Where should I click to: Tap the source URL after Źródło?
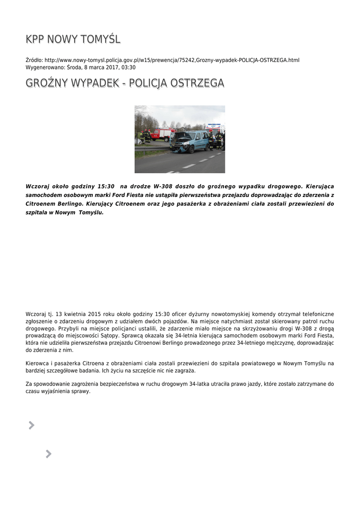click(172, 60)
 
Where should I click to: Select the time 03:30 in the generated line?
click(129, 67)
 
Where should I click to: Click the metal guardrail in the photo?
click(149, 147)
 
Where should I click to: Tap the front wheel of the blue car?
click(193, 148)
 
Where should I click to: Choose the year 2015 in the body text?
click(94, 314)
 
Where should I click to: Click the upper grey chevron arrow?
click(32, 425)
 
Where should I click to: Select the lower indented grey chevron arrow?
click(48, 453)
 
